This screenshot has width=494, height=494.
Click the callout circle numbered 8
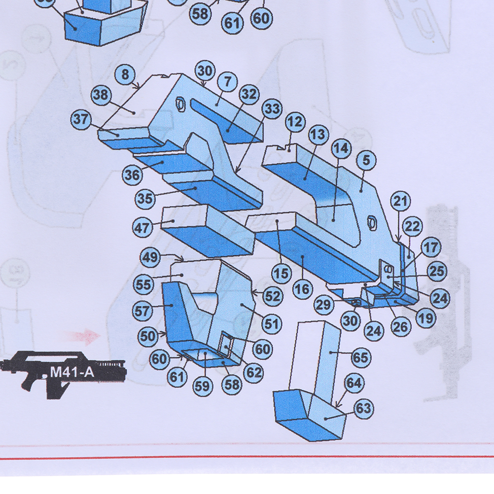[x=126, y=74]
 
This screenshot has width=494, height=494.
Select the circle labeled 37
[x=82, y=119]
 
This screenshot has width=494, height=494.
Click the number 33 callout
[x=272, y=109]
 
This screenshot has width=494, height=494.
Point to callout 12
[x=295, y=121]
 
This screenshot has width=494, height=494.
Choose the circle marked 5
[x=366, y=160]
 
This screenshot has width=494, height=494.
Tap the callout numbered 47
[x=143, y=228]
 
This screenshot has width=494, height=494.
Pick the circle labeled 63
[x=363, y=408]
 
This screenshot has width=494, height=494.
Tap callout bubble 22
[x=413, y=227]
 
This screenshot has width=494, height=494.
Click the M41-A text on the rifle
[x=71, y=372]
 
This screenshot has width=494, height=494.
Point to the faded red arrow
[x=87, y=337]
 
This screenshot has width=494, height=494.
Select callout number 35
[x=145, y=199]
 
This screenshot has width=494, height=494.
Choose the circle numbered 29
[x=323, y=305]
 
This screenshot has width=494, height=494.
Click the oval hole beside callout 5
[x=373, y=223]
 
